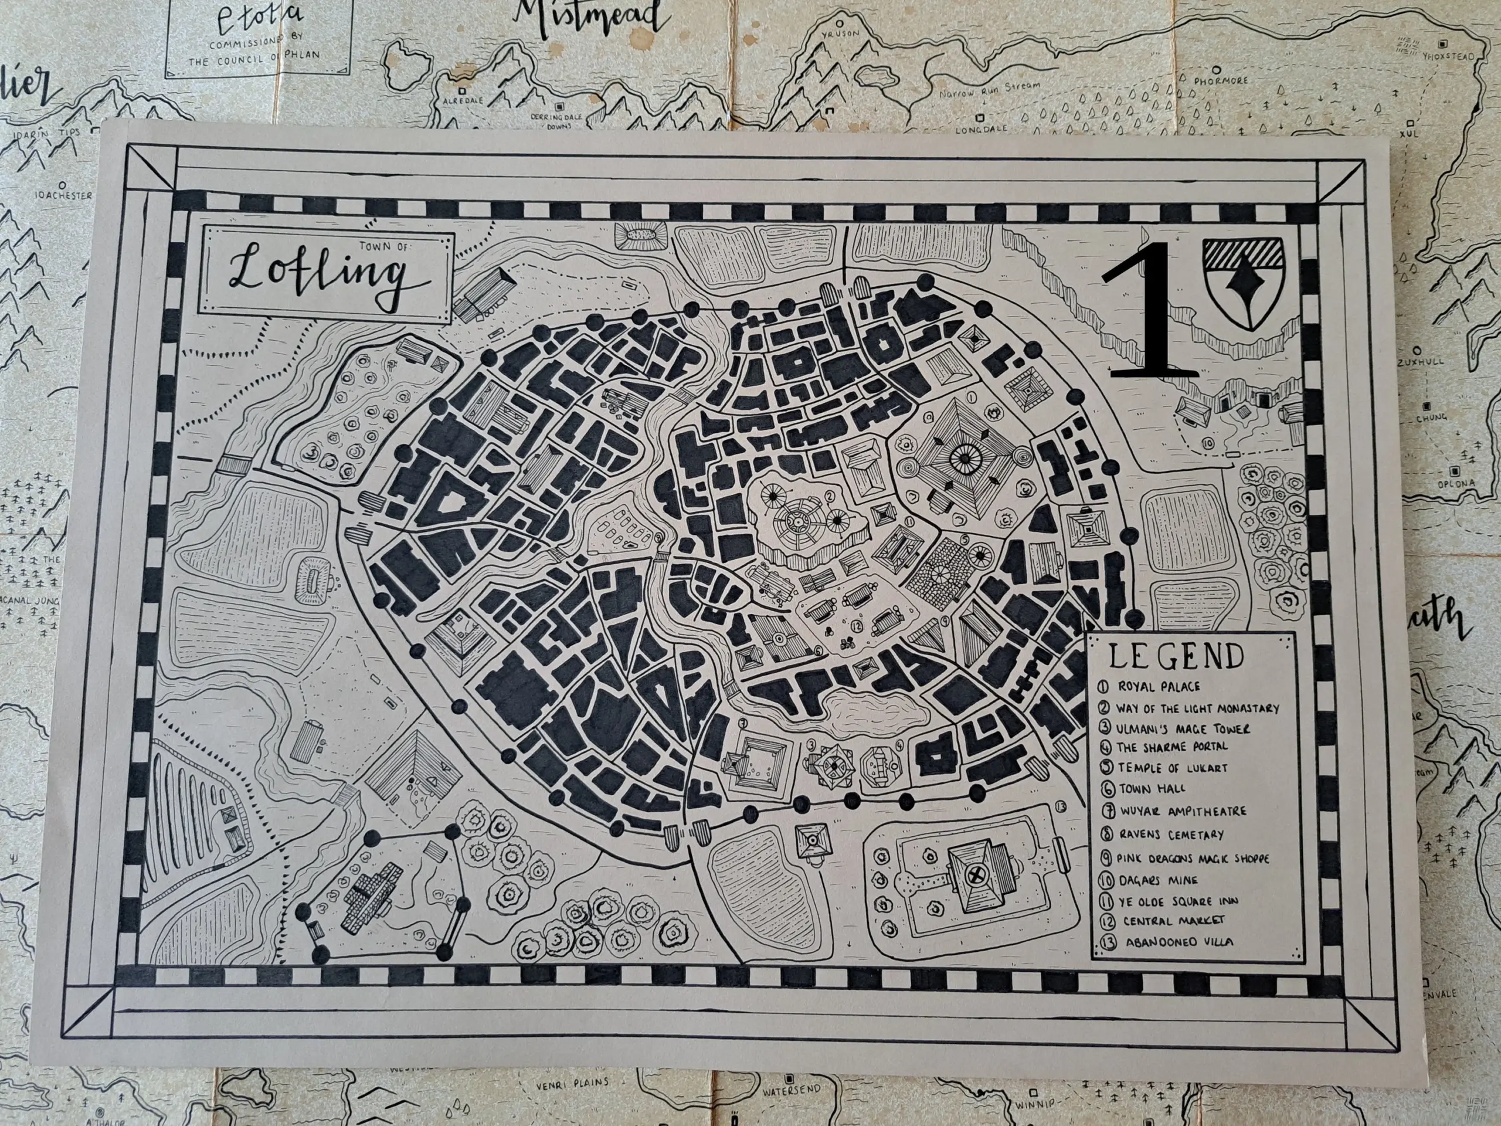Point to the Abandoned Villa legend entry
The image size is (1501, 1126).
[x=1178, y=942]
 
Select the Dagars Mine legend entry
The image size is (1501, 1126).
[x=1157, y=880]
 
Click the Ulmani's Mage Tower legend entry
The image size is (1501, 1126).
[x=1181, y=728]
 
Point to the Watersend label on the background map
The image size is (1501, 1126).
[x=790, y=1092]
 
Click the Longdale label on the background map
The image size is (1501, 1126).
[x=979, y=128]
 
